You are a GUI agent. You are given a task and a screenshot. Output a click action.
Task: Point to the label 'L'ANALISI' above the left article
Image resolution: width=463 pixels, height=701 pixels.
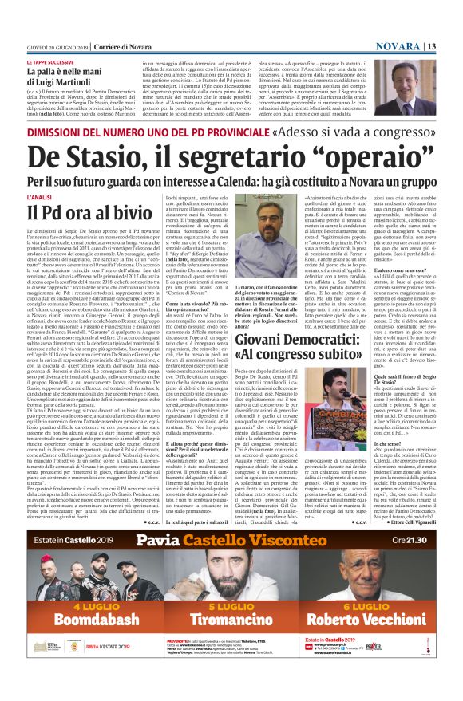pyautogui.click(x=40, y=195)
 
